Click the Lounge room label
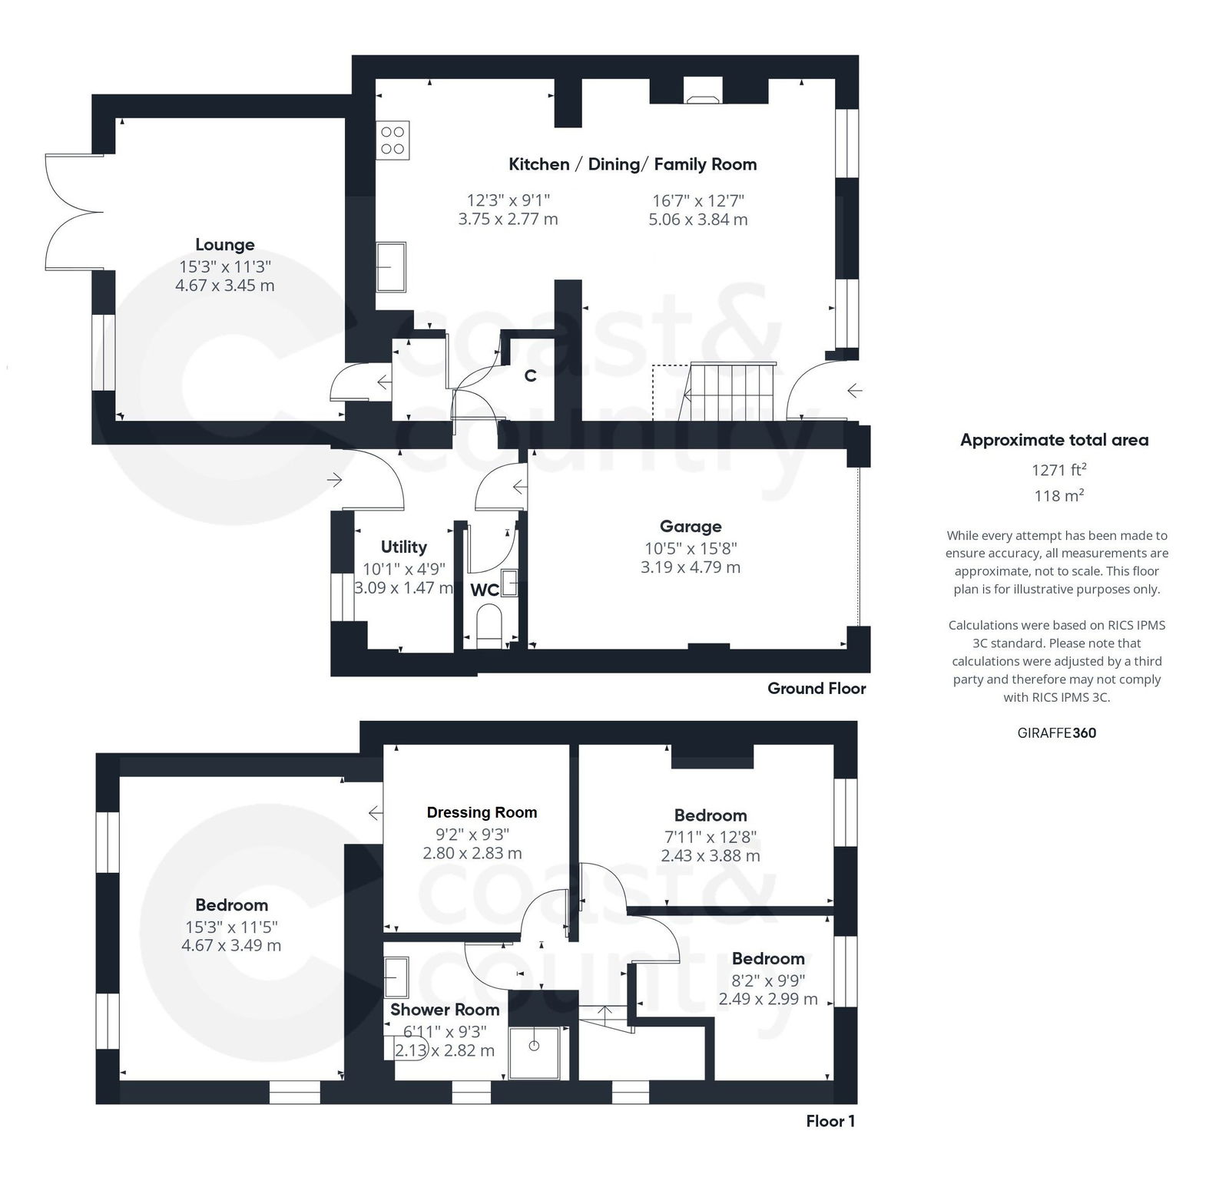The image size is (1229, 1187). click(x=224, y=245)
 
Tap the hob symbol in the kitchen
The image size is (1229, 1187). click(x=393, y=140)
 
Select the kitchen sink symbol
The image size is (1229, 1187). click(x=391, y=267)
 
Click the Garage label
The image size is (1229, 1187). click(x=691, y=527)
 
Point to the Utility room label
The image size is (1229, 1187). click(x=403, y=547)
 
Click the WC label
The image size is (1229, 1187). click(x=484, y=590)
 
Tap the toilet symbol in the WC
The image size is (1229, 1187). click(x=489, y=623)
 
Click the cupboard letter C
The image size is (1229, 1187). click(x=530, y=376)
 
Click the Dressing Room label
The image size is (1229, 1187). click(x=482, y=812)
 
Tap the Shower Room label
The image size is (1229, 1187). click(x=444, y=1010)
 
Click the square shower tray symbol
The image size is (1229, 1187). click(x=533, y=1046)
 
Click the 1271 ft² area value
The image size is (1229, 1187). click(x=1058, y=470)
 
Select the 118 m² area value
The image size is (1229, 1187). click(x=1058, y=495)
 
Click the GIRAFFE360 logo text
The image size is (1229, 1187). click(x=1056, y=732)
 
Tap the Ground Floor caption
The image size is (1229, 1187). click(x=816, y=689)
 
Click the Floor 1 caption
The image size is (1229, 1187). click(x=830, y=1121)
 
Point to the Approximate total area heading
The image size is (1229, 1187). click(x=1054, y=440)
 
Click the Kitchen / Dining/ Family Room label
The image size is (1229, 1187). click(x=632, y=164)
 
